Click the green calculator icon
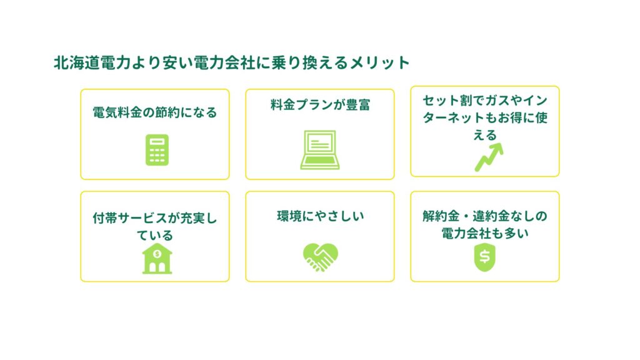(x=157, y=150)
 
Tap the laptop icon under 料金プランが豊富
(x=320, y=150)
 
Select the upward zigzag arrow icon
(x=489, y=157)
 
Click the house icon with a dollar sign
(x=157, y=258)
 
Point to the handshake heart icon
(x=321, y=257)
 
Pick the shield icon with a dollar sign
(x=485, y=257)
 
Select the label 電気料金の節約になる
(x=155, y=112)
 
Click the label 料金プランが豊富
(x=320, y=105)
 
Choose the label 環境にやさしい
(x=321, y=216)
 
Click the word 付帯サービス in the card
(x=129, y=218)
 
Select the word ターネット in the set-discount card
(x=453, y=117)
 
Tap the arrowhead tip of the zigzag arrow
(x=502, y=144)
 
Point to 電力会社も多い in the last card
(x=485, y=233)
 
